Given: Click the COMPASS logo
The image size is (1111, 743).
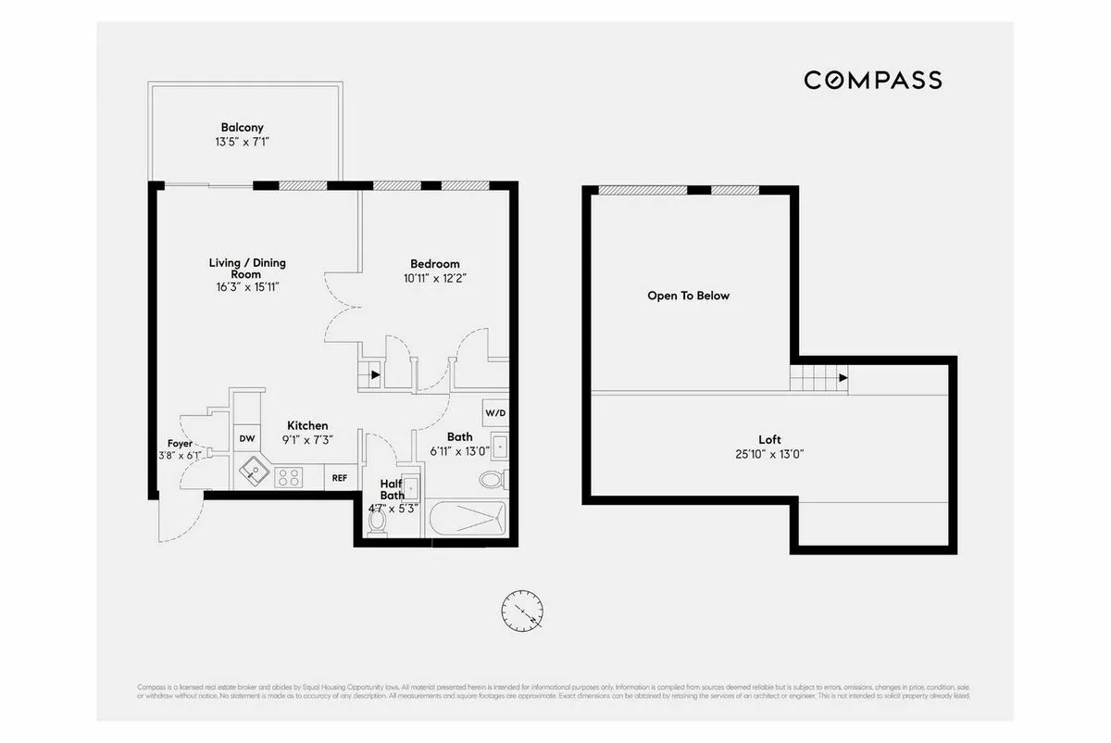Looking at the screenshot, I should coord(872,81).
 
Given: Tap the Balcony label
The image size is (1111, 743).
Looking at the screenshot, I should coord(242,128).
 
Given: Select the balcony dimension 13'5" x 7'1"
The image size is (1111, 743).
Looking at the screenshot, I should coord(242,143).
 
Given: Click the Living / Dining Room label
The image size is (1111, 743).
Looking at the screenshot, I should coord(247,269).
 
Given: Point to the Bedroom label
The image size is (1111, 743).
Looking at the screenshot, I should coord(434,264).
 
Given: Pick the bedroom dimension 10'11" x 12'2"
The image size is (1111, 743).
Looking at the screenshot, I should coord(434,278).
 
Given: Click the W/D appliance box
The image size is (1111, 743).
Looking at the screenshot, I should coord(493,412).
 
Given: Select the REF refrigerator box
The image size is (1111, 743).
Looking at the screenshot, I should coord(340,478).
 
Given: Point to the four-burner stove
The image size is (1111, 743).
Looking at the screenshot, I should coord(288,477).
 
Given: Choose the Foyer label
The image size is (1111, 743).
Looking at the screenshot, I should coord(180,444).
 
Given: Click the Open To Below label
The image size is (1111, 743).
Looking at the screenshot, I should coord(688,296).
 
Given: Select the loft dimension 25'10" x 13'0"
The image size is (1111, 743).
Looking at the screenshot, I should coord(769,454).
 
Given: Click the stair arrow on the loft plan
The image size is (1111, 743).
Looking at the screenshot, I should coord(843,378).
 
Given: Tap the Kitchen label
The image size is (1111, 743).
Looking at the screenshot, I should coord(306,426).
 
